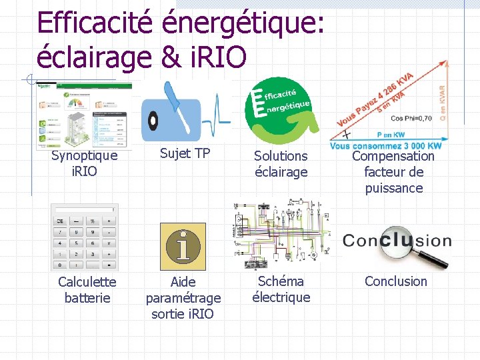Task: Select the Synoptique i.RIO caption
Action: pyautogui.click(x=84, y=163)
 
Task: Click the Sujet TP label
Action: pyautogui.click(x=185, y=154)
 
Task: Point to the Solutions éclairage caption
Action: pyautogui.click(x=281, y=164)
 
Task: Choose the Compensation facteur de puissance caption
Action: pyautogui.click(x=393, y=172)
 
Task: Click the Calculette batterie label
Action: pyautogui.click(x=87, y=290)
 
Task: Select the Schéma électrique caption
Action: pyautogui.click(x=281, y=289)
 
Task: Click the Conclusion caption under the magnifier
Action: pyautogui.click(x=395, y=281)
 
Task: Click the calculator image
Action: pyautogui.click(x=85, y=237)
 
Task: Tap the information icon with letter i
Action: pyautogui.click(x=183, y=246)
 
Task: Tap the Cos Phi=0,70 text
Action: pyautogui.click(x=411, y=118)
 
